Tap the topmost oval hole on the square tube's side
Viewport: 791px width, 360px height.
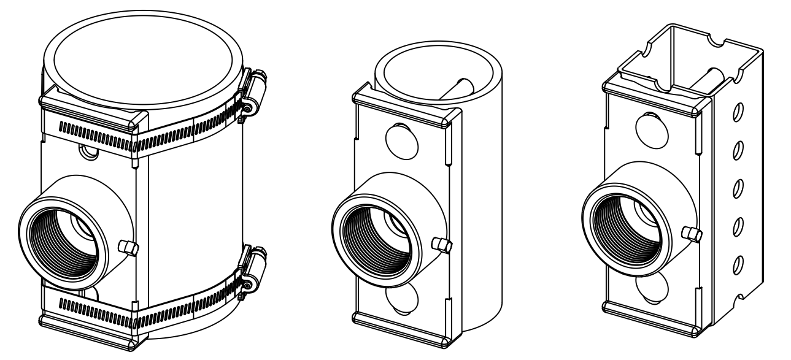pyautogui.click(x=738, y=112)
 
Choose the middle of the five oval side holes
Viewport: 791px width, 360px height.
pyautogui.click(x=738, y=186)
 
